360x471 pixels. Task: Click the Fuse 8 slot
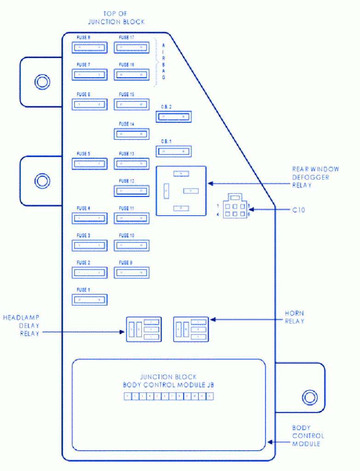(x=90, y=47)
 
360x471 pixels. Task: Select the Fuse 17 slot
(x=132, y=47)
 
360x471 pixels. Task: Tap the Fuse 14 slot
(x=132, y=134)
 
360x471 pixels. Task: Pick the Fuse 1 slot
(x=90, y=300)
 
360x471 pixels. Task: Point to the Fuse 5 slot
(x=90, y=164)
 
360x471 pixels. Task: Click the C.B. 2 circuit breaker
(x=174, y=117)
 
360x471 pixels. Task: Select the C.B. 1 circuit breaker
(x=174, y=151)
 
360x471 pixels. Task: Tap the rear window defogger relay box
(x=181, y=190)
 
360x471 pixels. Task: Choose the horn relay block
(x=191, y=329)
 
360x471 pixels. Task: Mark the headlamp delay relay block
(x=144, y=329)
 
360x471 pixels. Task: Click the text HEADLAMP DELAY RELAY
(x=21, y=326)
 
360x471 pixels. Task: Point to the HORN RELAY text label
(x=294, y=317)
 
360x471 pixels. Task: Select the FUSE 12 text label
(x=127, y=181)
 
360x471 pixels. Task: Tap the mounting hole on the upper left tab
(x=42, y=82)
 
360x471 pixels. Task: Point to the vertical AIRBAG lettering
(x=163, y=61)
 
